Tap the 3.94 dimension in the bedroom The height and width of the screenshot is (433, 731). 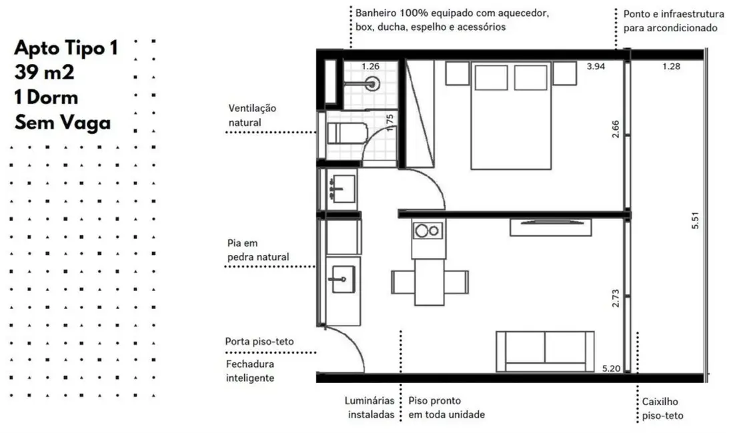click(596, 67)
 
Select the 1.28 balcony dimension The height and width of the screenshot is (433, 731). click(672, 67)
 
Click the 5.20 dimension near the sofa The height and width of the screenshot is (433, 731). click(612, 368)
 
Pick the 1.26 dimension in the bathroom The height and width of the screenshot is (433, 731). click(370, 67)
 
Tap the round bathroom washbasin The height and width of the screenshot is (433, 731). click(374, 83)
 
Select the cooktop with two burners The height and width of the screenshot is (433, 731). click(426, 231)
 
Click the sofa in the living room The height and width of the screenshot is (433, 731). click(546, 350)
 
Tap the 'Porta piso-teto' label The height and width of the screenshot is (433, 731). click(259, 342)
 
